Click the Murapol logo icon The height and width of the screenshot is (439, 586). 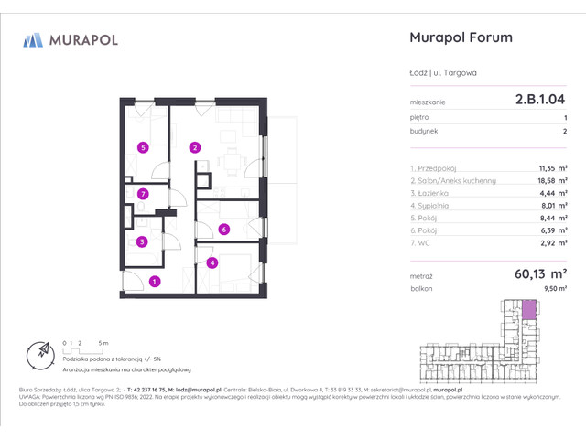(34, 39)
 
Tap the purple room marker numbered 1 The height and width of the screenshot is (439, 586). (155, 282)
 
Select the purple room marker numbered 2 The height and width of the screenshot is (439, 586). (194, 147)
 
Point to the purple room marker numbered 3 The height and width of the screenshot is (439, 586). (142, 242)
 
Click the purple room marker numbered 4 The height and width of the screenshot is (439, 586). (212, 263)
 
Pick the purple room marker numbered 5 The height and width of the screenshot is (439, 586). (142, 147)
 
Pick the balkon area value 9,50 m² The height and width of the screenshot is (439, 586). (553, 288)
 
